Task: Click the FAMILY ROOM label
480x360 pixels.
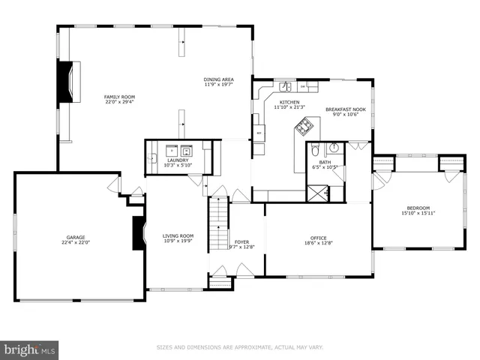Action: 118,97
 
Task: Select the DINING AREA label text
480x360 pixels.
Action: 218,79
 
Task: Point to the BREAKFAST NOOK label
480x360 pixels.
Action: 345,109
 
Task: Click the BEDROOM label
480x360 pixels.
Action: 418,208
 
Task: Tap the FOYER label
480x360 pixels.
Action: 241,241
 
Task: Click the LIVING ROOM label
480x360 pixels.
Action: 178,237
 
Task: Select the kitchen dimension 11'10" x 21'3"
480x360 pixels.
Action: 289,107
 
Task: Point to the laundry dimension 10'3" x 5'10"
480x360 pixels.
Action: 178,165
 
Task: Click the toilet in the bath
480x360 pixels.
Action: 316,148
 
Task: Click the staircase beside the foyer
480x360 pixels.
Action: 219,223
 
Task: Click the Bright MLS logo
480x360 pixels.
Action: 30,349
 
